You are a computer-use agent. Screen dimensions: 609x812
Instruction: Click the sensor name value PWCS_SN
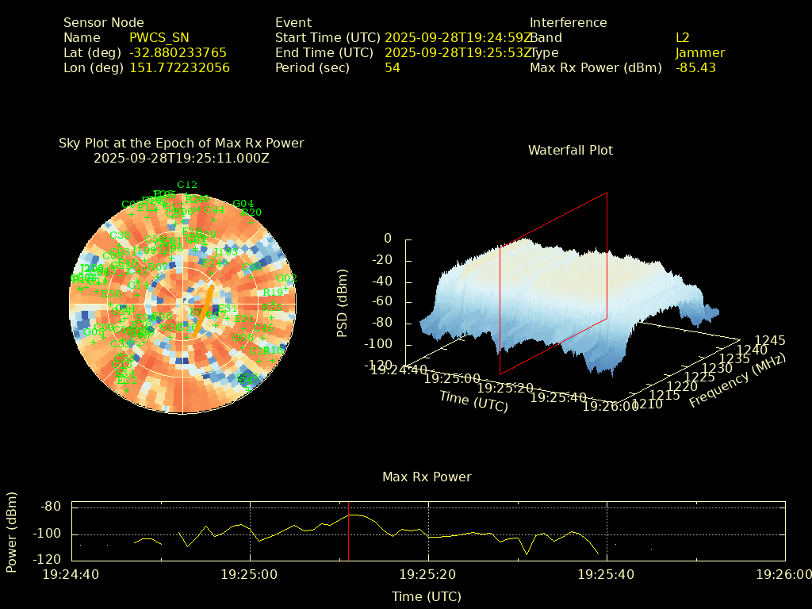pos(159,37)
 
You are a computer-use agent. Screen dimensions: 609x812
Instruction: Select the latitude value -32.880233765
pos(178,52)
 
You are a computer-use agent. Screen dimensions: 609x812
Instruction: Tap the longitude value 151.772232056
pos(179,67)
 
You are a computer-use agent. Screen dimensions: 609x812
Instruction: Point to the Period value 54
pos(393,67)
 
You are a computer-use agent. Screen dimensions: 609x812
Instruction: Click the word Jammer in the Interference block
pos(700,52)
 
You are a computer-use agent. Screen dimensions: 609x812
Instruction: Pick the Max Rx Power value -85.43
pos(695,67)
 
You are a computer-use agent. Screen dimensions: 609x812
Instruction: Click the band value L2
pos(683,37)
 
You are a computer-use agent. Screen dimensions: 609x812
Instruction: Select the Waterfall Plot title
pos(570,150)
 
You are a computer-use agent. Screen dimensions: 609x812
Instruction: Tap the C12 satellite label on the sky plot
pos(187,184)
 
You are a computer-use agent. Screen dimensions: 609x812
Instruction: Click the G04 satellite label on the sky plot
pos(243,204)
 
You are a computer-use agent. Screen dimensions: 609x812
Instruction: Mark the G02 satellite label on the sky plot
pos(286,278)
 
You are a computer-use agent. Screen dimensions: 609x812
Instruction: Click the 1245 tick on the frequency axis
pos(770,340)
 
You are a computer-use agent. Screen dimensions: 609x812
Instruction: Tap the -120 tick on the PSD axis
pos(380,366)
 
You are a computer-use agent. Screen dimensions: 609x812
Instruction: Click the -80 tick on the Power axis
pos(51,507)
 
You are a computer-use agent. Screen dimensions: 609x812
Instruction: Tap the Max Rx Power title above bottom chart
pos(427,477)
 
